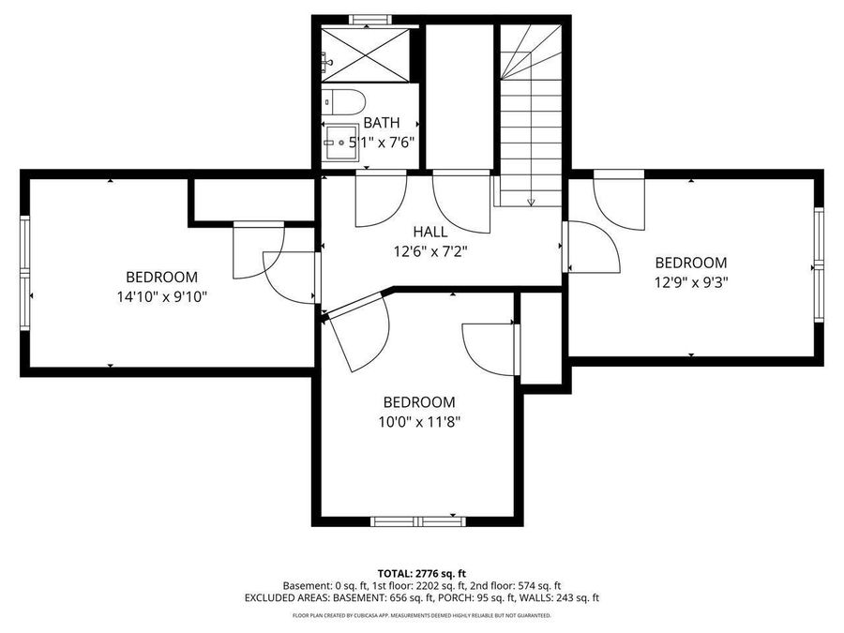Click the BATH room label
pos(381,123)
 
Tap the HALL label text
pos(430,232)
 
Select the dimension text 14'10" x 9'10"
pos(161,296)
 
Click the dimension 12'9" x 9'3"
pos(690,282)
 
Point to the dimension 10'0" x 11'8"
pos(418,421)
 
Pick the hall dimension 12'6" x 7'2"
pos(430,250)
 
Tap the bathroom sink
pos(339,143)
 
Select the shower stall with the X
pos(367,54)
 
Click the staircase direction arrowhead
pos(531,201)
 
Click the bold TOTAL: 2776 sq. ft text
pos(421,572)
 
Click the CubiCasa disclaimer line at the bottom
pos(421,616)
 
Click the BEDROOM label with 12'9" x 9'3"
pos(690,264)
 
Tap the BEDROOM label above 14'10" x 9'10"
pos(161,278)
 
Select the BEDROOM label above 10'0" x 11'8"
pos(418,402)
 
